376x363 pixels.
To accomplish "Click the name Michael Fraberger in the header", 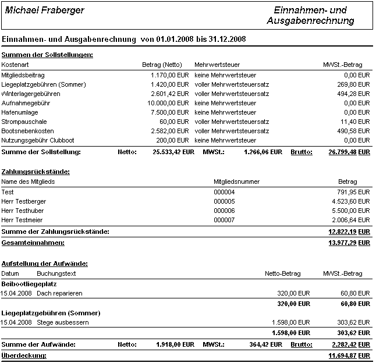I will [x=45, y=10].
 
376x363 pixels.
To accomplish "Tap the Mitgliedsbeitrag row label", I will [x=23, y=75].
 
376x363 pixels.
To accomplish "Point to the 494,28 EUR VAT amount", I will [x=354, y=94].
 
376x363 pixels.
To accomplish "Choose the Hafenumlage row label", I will [x=20, y=112].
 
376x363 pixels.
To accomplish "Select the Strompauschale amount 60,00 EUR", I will [x=176, y=122].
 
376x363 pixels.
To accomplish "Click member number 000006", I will [x=224, y=211].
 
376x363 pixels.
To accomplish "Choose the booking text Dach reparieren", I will [x=59, y=293].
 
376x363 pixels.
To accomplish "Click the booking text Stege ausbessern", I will [x=63, y=322].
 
